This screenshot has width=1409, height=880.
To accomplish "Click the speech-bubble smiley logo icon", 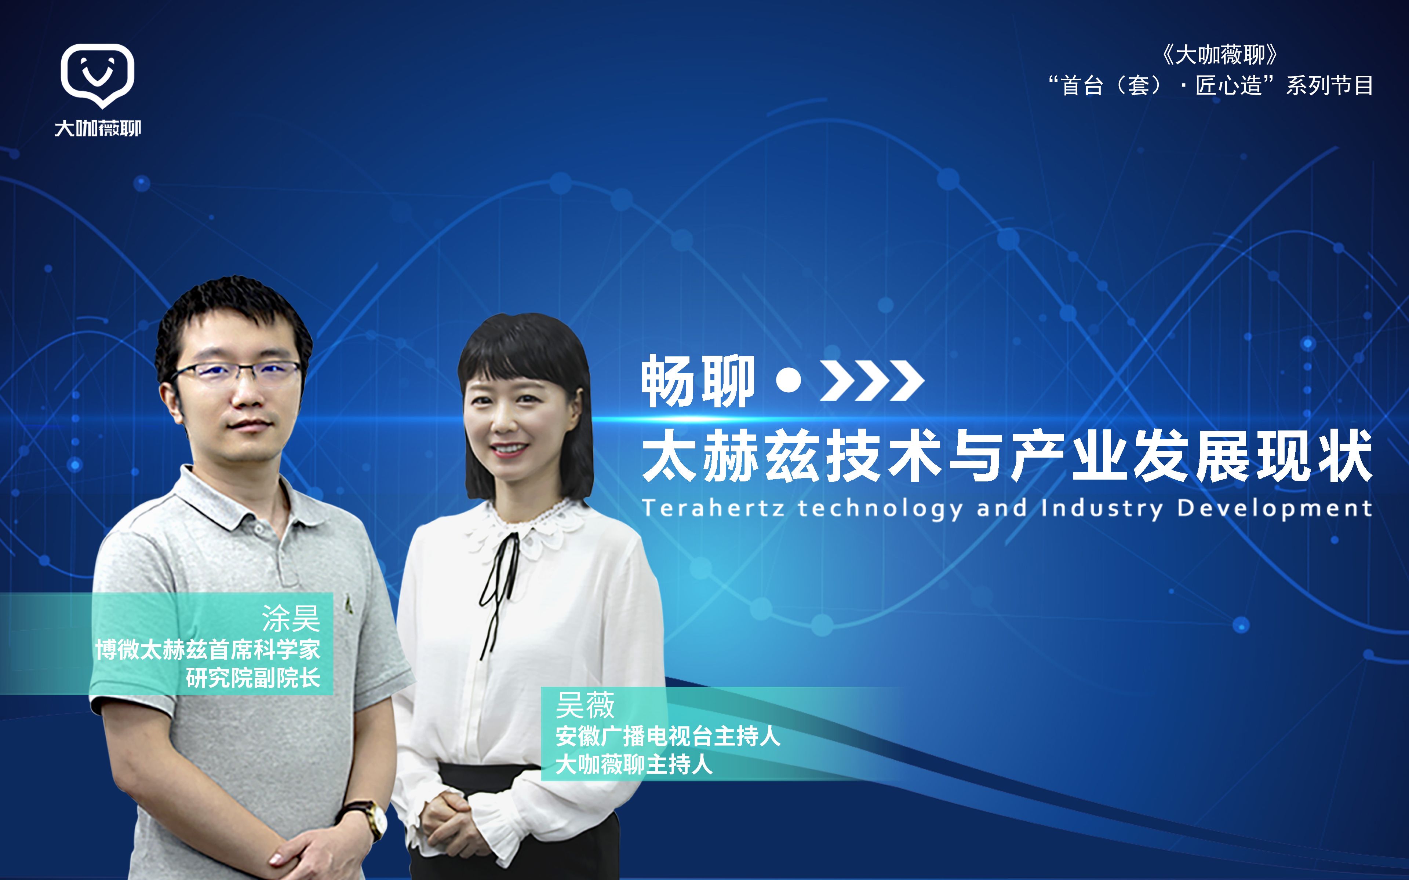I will pyautogui.click(x=97, y=74).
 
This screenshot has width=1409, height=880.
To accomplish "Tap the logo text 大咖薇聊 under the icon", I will pyautogui.click(x=98, y=128).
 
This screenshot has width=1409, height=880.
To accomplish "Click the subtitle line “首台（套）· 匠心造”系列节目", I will pyautogui.click(x=1211, y=85).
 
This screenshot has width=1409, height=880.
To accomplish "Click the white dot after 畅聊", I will pyautogui.click(x=789, y=381).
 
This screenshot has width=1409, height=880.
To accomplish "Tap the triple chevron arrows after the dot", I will pyautogui.click(x=871, y=381).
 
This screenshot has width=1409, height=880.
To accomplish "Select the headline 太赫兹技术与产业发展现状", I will pyautogui.click(x=1007, y=456).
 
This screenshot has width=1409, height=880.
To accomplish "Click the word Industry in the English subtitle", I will pyautogui.click(x=1102, y=508).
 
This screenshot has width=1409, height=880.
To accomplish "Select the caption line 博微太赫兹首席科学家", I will pyautogui.click(x=208, y=649).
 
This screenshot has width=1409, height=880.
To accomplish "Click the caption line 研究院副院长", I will pyautogui.click(x=253, y=678).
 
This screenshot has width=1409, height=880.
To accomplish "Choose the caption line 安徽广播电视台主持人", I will pyautogui.click(x=668, y=736).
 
